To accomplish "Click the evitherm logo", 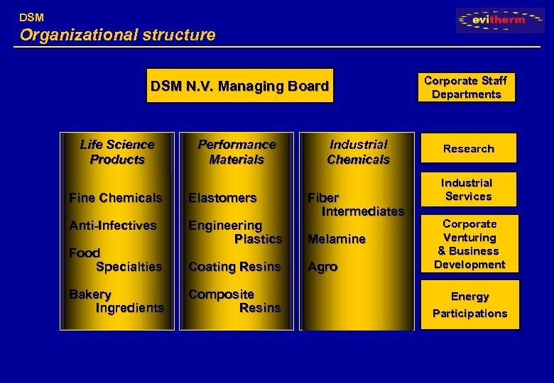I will [x=500, y=20].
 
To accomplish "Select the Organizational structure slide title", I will [x=117, y=35].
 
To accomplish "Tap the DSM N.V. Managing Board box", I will [x=239, y=87].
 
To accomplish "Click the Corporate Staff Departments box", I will [x=466, y=87].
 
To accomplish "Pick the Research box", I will [x=468, y=148].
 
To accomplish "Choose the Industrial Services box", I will [x=468, y=189].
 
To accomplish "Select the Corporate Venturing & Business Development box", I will [x=469, y=244].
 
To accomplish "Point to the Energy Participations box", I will [x=469, y=305].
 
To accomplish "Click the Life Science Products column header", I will [x=117, y=152].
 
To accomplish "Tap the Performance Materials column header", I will [x=237, y=152].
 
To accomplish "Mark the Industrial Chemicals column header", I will [x=358, y=152].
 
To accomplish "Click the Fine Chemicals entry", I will [x=115, y=198].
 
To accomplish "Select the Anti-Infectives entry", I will [x=112, y=226].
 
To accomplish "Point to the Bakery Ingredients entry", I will [x=116, y=301].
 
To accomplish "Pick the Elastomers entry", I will [x=222, y=198].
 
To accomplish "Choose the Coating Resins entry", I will [x=234, y=267].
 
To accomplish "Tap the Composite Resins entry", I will [x=234, y=301].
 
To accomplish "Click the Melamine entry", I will [x=336, y=239].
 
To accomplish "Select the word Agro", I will [x=322, y=267].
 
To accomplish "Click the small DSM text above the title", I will [x=31, y=16].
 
